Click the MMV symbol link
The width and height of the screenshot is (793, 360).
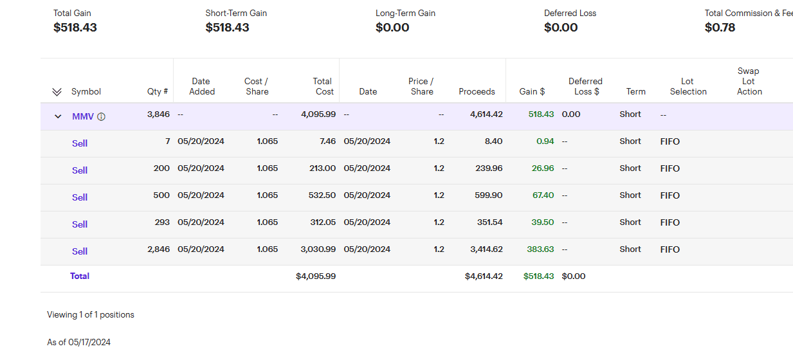[x=83, y=116]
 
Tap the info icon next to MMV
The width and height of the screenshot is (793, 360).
[x=102, y=116]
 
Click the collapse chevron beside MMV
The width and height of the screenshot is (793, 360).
[x=58, y=116]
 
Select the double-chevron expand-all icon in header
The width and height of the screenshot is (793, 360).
[x=57, y=92]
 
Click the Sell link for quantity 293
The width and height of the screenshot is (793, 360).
[x=80, y=224]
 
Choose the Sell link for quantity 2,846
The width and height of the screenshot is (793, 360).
[x=80, y=251]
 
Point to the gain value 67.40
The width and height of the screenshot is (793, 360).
[x=543, y=195]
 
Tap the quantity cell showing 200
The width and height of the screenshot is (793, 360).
[x=161, y=168]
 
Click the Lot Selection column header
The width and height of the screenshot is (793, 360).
[x=688, y=86]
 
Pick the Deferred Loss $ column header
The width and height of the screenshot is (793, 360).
[x=585, y=86]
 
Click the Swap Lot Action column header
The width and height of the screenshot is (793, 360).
[x=749, y=81]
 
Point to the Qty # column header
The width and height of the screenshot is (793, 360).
[x=158, y=91]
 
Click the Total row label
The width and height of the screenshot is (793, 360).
[x=80, y=276]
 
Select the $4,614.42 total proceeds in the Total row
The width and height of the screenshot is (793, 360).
[x=484, y=276]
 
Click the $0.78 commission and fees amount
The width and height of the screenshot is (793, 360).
[x=720, y=28]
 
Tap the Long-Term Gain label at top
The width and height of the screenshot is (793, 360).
[x=406, y=13]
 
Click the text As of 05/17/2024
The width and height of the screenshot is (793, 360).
[x=78, y=342]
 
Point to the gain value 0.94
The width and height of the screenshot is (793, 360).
[x=545, y=141]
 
